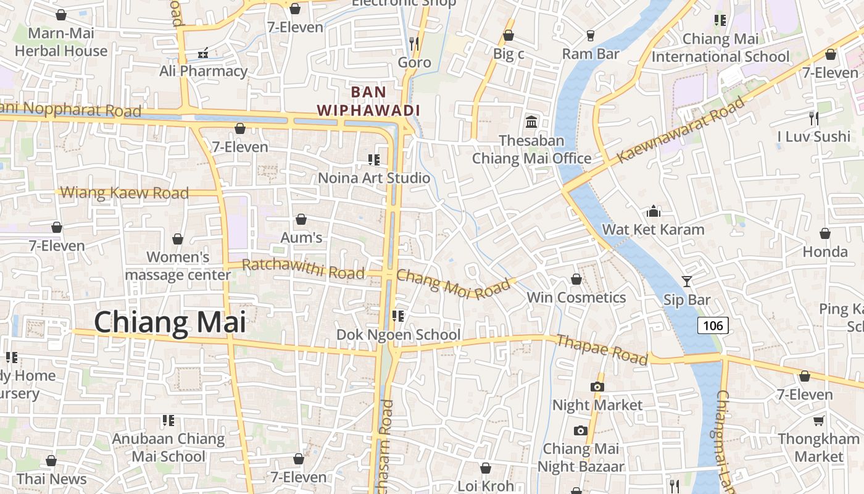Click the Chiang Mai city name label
click(x=170, y=323)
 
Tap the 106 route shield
click(x=713, y=325)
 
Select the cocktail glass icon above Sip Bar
click(x=687, y=282)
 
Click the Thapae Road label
click(x=602, y=350)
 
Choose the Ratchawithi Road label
click(x=303, y=269)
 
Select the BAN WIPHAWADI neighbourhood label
click(x=368, y=101)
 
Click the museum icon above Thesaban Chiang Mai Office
click(x=531, y=121)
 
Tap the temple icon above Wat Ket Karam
click(x=654, y=212)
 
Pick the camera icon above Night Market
click(x=597, y=387)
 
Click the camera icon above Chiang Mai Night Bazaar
click(x=580, y=430)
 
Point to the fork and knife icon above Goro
click(x=414, y=43)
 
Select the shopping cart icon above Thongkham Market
click(x=818, y=421)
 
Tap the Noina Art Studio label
click(x=374, y=178)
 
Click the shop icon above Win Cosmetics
click(x=576, y=280)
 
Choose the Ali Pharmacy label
click(x=203, y=71)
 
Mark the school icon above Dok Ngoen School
click(x=398, y=316)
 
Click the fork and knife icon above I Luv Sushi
click(x=813, y=118)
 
